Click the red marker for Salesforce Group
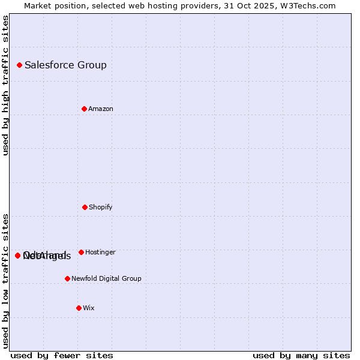19,65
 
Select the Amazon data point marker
84,109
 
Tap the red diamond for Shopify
85,207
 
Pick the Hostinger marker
81,252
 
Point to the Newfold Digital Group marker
67,278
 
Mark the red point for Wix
79,308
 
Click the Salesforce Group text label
65,65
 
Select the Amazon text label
101,109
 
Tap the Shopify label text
101,207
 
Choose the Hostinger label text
100,252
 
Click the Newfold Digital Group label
106,278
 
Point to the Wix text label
89,308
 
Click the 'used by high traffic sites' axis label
5,85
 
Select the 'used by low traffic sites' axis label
5,281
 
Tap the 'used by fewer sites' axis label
62,355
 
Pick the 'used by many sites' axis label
301,355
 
